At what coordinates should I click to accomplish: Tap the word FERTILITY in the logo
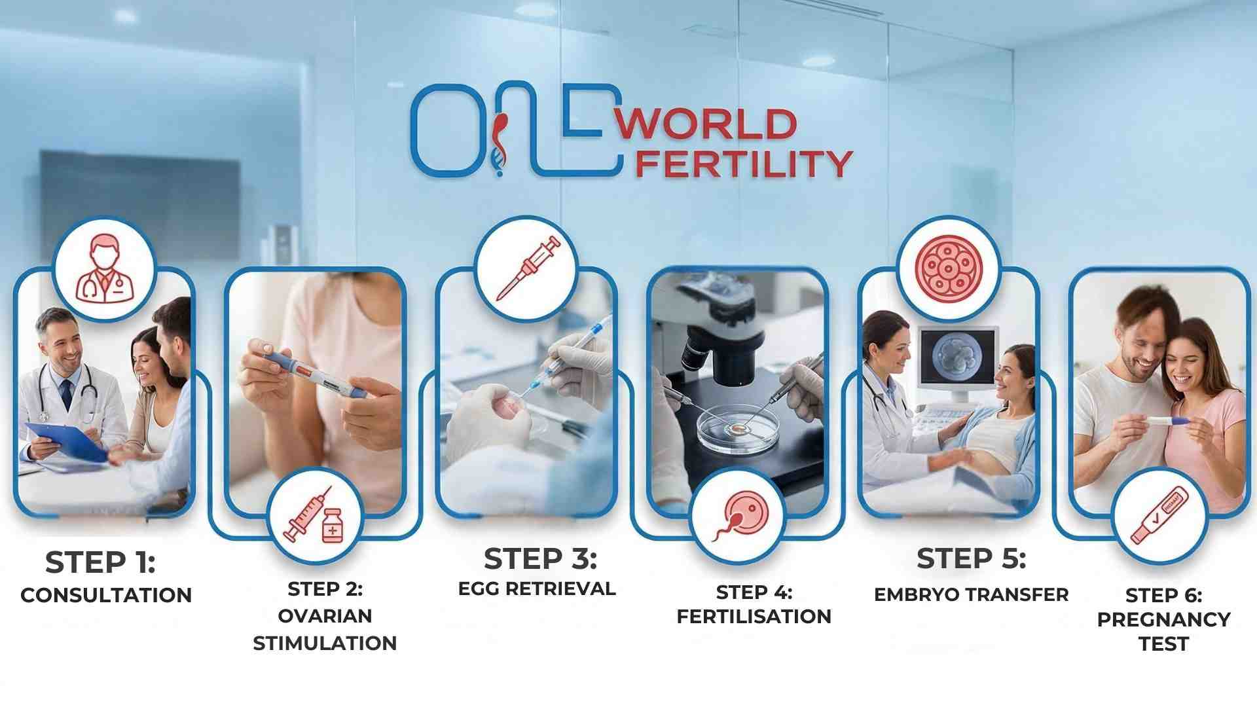click(x=744, y=164)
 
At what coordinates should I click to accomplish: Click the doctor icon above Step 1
click(x=104, y=268)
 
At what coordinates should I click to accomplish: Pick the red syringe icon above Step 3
click(x=526, y=268)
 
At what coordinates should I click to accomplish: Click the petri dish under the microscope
click(x=737, y=429)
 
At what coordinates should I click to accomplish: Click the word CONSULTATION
click(x=106, y=595)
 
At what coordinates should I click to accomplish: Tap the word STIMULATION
click(x=325, y=643)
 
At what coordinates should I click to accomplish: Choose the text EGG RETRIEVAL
click(x=537, y=589)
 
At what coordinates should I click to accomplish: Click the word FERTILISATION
click(x=754, y=616)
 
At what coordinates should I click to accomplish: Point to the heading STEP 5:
click(x=971, y=558)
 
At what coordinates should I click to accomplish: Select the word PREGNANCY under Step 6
click(x=1163, y=619)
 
